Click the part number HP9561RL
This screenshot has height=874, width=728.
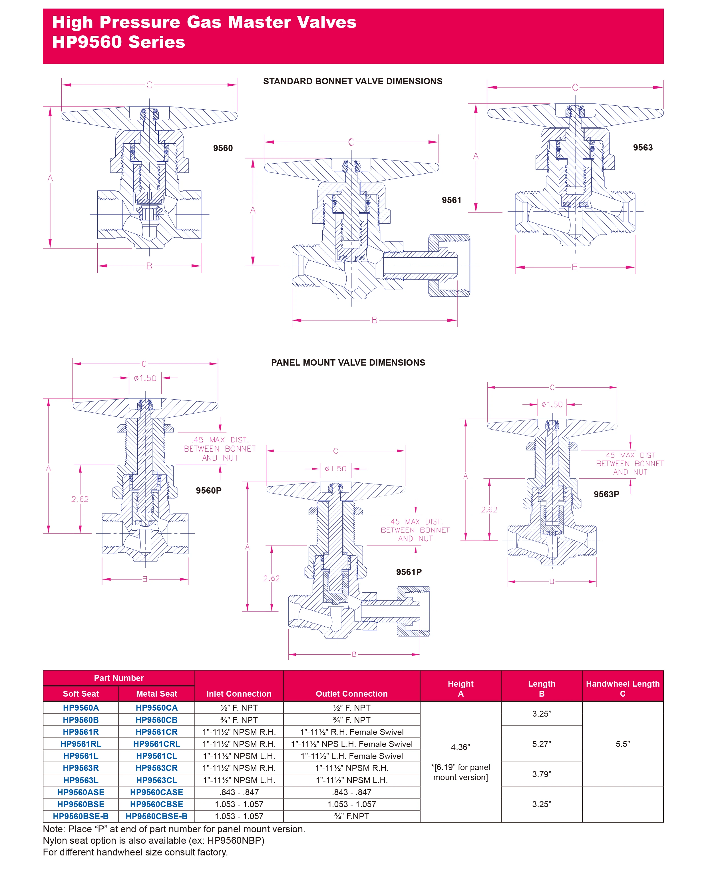[81, 744]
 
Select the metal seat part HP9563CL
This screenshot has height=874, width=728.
[156, 780]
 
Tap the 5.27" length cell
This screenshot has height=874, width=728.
[541, 744]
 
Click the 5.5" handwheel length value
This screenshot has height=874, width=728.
[622, 744]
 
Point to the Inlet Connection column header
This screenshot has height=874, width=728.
[239, 693]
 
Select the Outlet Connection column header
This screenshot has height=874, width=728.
[351, 693]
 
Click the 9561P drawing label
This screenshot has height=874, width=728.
[409, 572]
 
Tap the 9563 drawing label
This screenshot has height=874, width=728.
[642, 148]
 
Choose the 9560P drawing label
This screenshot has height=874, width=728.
[208, 491]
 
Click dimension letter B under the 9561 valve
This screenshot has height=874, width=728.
[374, 320]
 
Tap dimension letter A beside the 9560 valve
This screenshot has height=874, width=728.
[50, 178]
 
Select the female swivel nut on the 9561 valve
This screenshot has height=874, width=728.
[449, 266]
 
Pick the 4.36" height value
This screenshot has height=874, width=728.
[460, 747]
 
